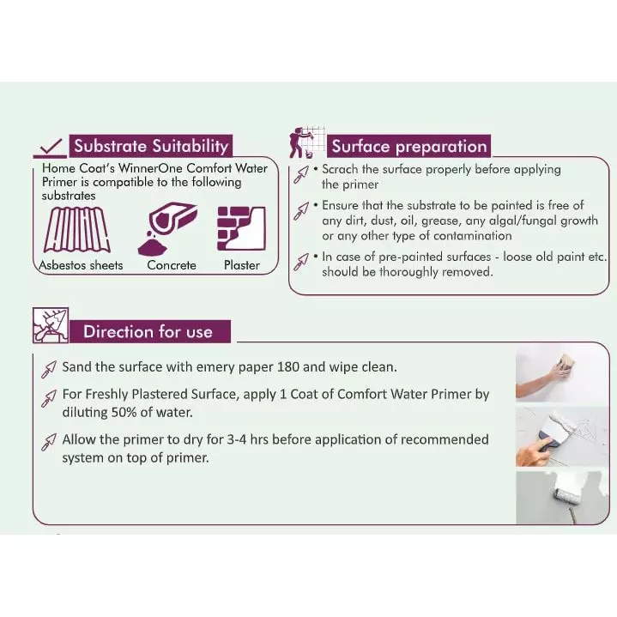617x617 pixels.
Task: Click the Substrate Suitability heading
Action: point(151,146)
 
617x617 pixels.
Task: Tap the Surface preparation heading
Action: point(408,146)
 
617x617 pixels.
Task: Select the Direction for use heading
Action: point(147,332)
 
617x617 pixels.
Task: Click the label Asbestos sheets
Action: point(81,265)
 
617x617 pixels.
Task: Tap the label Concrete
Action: point(171,265)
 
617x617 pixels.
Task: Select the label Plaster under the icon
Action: point(241,265)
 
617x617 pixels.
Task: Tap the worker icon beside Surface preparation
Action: point(305,141)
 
